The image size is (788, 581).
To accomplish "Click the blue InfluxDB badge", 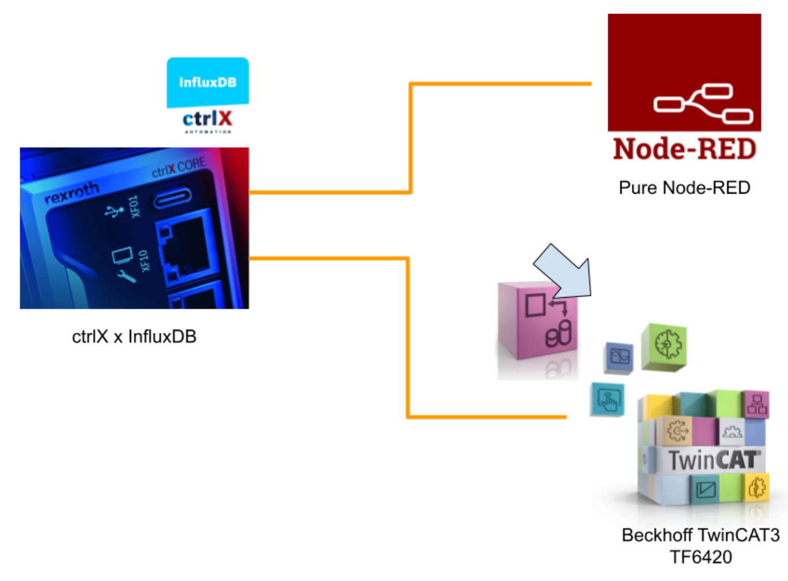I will tap(208, 82).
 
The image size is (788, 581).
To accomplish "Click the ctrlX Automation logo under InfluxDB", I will tap(208, 121).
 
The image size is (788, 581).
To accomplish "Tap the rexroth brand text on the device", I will tap(72, 193).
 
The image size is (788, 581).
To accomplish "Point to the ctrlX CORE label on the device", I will tap(179, 168).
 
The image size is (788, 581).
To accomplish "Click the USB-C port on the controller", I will tap(172, 198).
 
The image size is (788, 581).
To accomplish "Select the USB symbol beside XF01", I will tap(114, 211).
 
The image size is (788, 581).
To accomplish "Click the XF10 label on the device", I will tap(144, 260).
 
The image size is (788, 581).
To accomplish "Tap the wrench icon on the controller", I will tap(126, 276).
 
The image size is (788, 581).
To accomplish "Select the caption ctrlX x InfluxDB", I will tap(134, 336).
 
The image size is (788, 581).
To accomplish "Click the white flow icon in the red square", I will tap(703, 104).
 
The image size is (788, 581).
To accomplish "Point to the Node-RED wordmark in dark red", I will tap(685, 149).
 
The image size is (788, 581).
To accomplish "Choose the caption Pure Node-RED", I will tap(685, 188).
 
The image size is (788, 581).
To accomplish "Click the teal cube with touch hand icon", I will tap(608, 399).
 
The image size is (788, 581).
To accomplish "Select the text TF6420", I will tap(701, 557).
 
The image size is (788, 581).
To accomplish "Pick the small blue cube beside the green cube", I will tap(619, 357).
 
